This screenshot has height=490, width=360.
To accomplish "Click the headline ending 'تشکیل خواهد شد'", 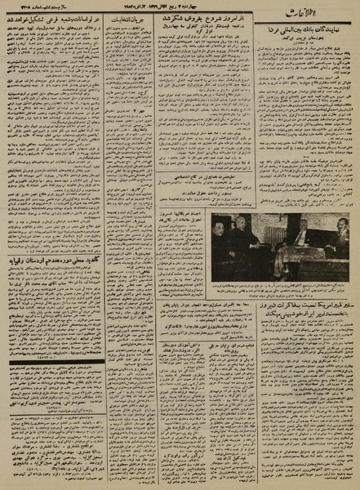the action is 56,35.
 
